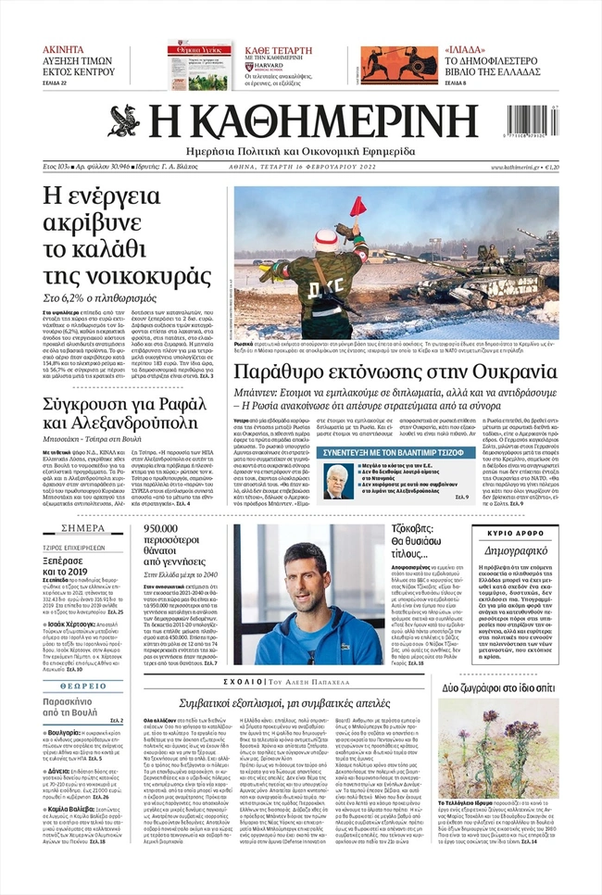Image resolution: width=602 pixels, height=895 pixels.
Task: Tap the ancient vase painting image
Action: (x=383, y=66)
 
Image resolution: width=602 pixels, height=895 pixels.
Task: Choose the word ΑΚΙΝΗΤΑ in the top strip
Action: (x=64, y=49)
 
